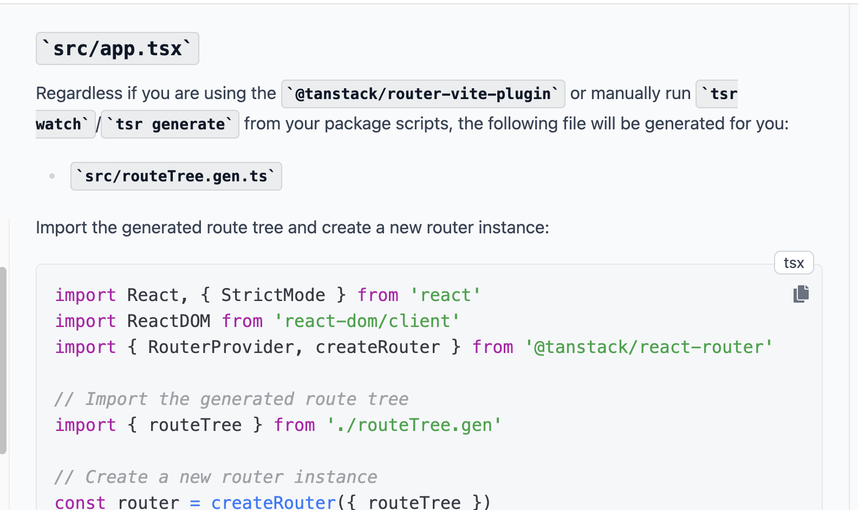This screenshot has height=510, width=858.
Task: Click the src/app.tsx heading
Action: coord(117,49)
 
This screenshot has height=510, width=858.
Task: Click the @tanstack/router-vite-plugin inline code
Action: coord(423,94)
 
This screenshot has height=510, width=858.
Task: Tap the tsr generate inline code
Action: coord(170,124)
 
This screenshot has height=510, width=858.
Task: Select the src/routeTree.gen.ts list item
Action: coord(176,176)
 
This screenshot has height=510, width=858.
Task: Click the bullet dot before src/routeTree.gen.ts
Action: coord(52,176)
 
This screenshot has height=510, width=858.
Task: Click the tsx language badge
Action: coord(794,263)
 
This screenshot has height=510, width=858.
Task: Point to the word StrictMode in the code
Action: coord(273,295)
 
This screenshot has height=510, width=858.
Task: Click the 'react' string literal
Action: coord(445,295)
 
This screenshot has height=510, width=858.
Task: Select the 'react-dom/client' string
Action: coord(367,321)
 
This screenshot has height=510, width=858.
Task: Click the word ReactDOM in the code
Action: coord(168,321)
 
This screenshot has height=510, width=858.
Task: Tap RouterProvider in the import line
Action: coord(221,347)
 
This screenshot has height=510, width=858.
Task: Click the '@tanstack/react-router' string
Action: coord(648,347)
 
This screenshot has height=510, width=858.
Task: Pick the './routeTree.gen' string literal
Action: coord(414,425)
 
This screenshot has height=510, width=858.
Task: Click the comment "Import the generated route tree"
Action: coord(231,399)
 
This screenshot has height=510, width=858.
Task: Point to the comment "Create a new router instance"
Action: coord(216,477)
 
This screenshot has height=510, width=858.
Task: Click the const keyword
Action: coord(80,502)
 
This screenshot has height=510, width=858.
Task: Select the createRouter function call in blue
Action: coord(274,502)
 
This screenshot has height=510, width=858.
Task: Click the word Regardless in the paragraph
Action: coord(79,93)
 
